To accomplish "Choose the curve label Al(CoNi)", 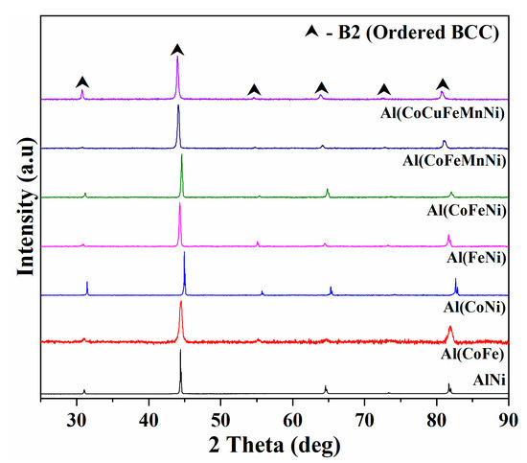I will [x=473, y=308].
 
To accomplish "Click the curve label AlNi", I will [x=487, y=382].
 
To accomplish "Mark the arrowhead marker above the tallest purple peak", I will [x=176, y=49].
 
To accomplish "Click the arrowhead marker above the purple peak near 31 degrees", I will [x=82, y=81].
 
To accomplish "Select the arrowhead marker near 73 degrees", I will [x=384, y=89].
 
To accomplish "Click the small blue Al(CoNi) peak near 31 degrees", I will [x=87, y=288].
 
